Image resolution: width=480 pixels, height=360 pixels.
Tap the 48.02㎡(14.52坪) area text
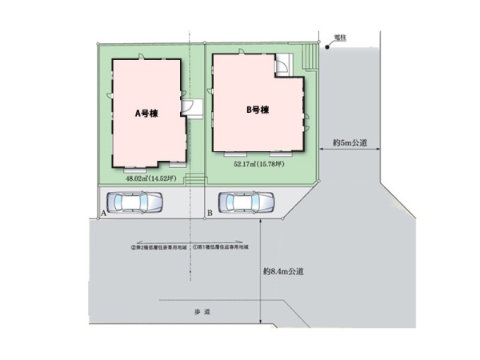150,179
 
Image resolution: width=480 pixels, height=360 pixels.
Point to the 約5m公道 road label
350,143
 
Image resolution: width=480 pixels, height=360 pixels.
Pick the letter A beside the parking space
105,214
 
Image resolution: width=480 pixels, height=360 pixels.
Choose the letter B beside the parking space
209,213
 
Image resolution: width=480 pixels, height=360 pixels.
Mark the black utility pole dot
326,47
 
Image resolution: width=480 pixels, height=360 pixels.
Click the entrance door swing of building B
283,66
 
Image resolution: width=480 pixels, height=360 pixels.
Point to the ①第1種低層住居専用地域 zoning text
226,248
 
